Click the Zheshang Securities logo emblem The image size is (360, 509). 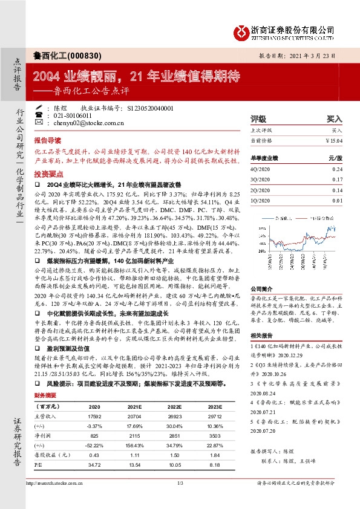(x=241, y=30)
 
